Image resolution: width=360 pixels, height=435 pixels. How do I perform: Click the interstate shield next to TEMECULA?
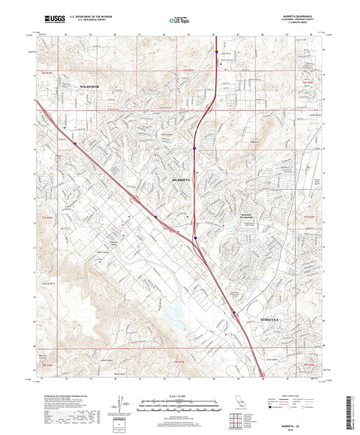234,313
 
